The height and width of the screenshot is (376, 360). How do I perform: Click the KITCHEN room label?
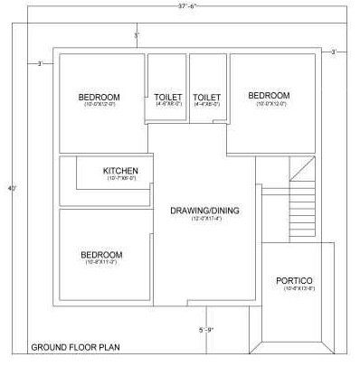120,170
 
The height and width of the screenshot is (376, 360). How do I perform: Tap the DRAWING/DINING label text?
204,211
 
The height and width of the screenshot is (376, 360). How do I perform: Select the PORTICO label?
294,280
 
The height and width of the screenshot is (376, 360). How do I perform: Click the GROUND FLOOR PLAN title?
76,347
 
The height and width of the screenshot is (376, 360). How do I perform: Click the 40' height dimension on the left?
11,188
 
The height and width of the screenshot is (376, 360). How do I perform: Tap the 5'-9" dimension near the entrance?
207,329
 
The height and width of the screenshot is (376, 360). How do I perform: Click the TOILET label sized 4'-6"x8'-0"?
168,97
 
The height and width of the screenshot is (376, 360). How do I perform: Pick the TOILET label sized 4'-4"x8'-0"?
207,97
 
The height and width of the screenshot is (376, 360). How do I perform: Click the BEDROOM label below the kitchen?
101,255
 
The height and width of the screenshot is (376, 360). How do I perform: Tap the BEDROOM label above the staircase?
269,95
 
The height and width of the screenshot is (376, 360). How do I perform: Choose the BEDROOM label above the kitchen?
99,97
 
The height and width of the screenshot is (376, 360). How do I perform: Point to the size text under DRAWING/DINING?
204,219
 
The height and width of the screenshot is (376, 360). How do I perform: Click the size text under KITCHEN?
120,178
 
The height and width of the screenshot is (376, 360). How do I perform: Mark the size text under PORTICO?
294,289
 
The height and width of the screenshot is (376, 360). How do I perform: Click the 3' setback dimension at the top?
137,35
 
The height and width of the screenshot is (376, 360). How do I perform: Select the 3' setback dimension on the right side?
333,52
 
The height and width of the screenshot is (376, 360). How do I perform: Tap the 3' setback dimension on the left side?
40,63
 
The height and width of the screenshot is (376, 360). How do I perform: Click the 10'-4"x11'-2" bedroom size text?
101,263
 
